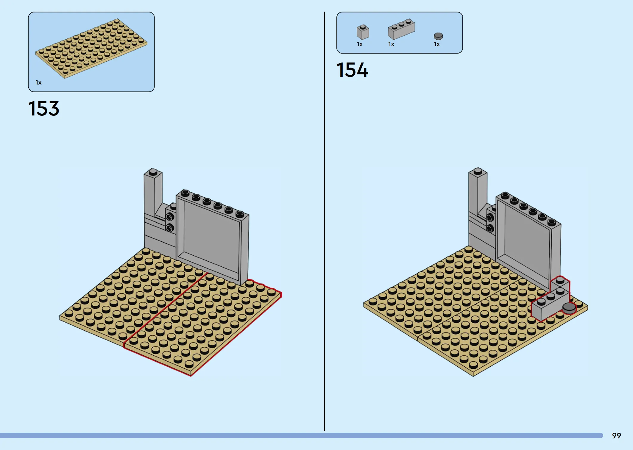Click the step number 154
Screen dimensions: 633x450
353,70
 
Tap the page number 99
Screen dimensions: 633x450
616,436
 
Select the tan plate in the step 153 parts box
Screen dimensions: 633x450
91,49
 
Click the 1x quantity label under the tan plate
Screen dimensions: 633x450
39,82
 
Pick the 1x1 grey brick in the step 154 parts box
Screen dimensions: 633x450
363,32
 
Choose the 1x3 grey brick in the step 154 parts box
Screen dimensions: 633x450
401,29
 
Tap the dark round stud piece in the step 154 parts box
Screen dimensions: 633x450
438,36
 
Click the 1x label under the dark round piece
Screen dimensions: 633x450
437,44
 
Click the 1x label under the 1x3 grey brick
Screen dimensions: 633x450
391,44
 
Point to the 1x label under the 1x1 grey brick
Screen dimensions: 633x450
360,44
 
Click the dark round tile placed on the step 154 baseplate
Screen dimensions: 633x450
569,308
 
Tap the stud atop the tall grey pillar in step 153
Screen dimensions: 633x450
153,172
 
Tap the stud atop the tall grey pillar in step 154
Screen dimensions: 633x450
478,171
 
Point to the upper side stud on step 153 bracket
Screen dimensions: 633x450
170,216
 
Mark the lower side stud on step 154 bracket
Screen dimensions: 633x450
490,228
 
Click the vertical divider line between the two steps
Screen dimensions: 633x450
324,221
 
